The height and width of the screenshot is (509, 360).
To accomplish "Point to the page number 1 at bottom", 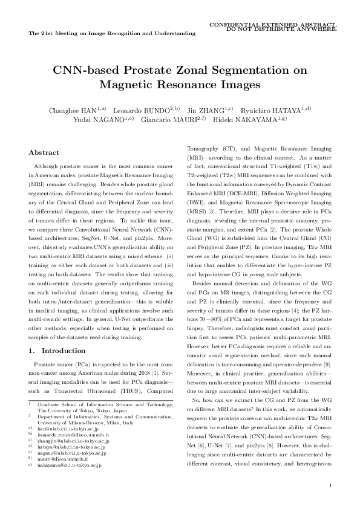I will (329, 485).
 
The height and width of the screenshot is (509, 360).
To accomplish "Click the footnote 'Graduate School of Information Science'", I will (97, 402).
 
